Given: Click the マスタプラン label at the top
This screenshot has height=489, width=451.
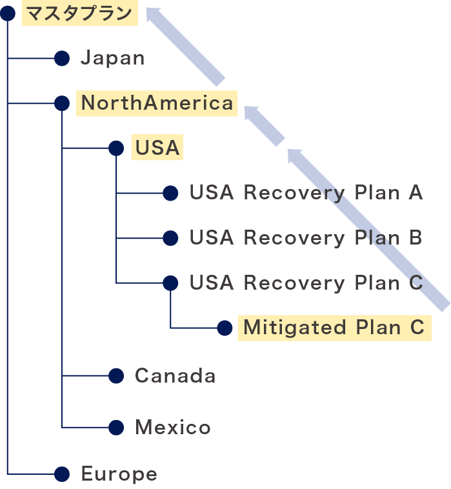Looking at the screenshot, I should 79,13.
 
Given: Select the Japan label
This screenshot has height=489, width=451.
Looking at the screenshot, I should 112,59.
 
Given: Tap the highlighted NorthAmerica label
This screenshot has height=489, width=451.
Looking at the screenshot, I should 157,103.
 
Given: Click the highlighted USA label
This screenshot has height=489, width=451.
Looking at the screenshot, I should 157,148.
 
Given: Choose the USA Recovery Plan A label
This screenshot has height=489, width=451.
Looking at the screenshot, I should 306,193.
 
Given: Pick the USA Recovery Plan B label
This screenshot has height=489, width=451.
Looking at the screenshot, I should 306,238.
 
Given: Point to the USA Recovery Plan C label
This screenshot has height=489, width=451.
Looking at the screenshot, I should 306,283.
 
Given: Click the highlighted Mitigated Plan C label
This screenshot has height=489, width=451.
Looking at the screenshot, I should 334,328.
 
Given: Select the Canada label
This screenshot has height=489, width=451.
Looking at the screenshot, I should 175,375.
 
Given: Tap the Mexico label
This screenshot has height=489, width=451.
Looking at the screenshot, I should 172,427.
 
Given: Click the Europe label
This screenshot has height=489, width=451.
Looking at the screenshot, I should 119,475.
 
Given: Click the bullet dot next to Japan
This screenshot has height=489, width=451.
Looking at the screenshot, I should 62,59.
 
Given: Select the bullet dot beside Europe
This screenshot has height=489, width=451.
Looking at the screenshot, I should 62,475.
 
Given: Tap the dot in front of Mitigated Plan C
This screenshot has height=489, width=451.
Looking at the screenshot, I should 225,328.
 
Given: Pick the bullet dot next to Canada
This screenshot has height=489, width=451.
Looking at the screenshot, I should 116,375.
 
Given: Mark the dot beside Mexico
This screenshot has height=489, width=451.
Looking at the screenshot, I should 116,427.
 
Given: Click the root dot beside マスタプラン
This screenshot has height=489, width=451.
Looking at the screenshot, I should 8,14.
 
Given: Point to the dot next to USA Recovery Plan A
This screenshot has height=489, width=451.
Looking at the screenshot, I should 170,193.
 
